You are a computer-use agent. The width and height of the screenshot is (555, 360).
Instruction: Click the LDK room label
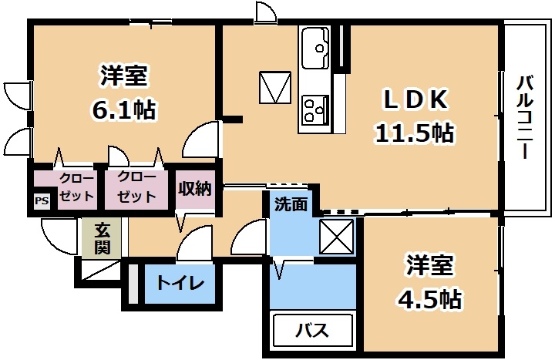pyautogui.click(x=415, y=100)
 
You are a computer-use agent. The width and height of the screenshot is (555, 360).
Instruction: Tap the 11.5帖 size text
pyautogui.click(x=415, y=133)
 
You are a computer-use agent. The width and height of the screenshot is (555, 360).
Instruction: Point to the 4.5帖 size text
pyautogui.click(x=429, y=299)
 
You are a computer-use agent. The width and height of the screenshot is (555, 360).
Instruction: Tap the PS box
pyautogui.click(x=42, y=200)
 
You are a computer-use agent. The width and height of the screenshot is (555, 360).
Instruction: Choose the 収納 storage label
pyautogui.click(x=195, y=188)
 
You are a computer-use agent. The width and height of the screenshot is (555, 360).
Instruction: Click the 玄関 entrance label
pyautogui.click(x=102, y=238)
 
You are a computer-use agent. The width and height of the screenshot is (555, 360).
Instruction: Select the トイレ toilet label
pyautogui.click(x=180, y=282)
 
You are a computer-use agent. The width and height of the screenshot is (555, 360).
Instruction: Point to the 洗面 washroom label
pyautogui.click(x=291, y=204)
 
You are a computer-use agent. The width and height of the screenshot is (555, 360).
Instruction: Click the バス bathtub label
pyautogui.click(x=312, y=330)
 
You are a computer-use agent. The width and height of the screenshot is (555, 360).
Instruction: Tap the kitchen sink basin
pyautogui.click(x=315, y=48)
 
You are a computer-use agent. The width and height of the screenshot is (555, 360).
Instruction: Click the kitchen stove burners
pyautogui.click(x=315, y=109)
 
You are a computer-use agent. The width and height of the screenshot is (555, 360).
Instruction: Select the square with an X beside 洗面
pyautogui.click(x=336, y=237)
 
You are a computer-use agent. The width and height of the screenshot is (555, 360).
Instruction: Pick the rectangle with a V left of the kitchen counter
pyautogui.click(x=275, y=87)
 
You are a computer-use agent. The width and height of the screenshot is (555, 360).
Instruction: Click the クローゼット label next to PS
pyautogui.click(x=76, y=187)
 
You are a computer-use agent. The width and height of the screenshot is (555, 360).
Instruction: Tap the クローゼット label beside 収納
pyautogui.click(x=136, y=187)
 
